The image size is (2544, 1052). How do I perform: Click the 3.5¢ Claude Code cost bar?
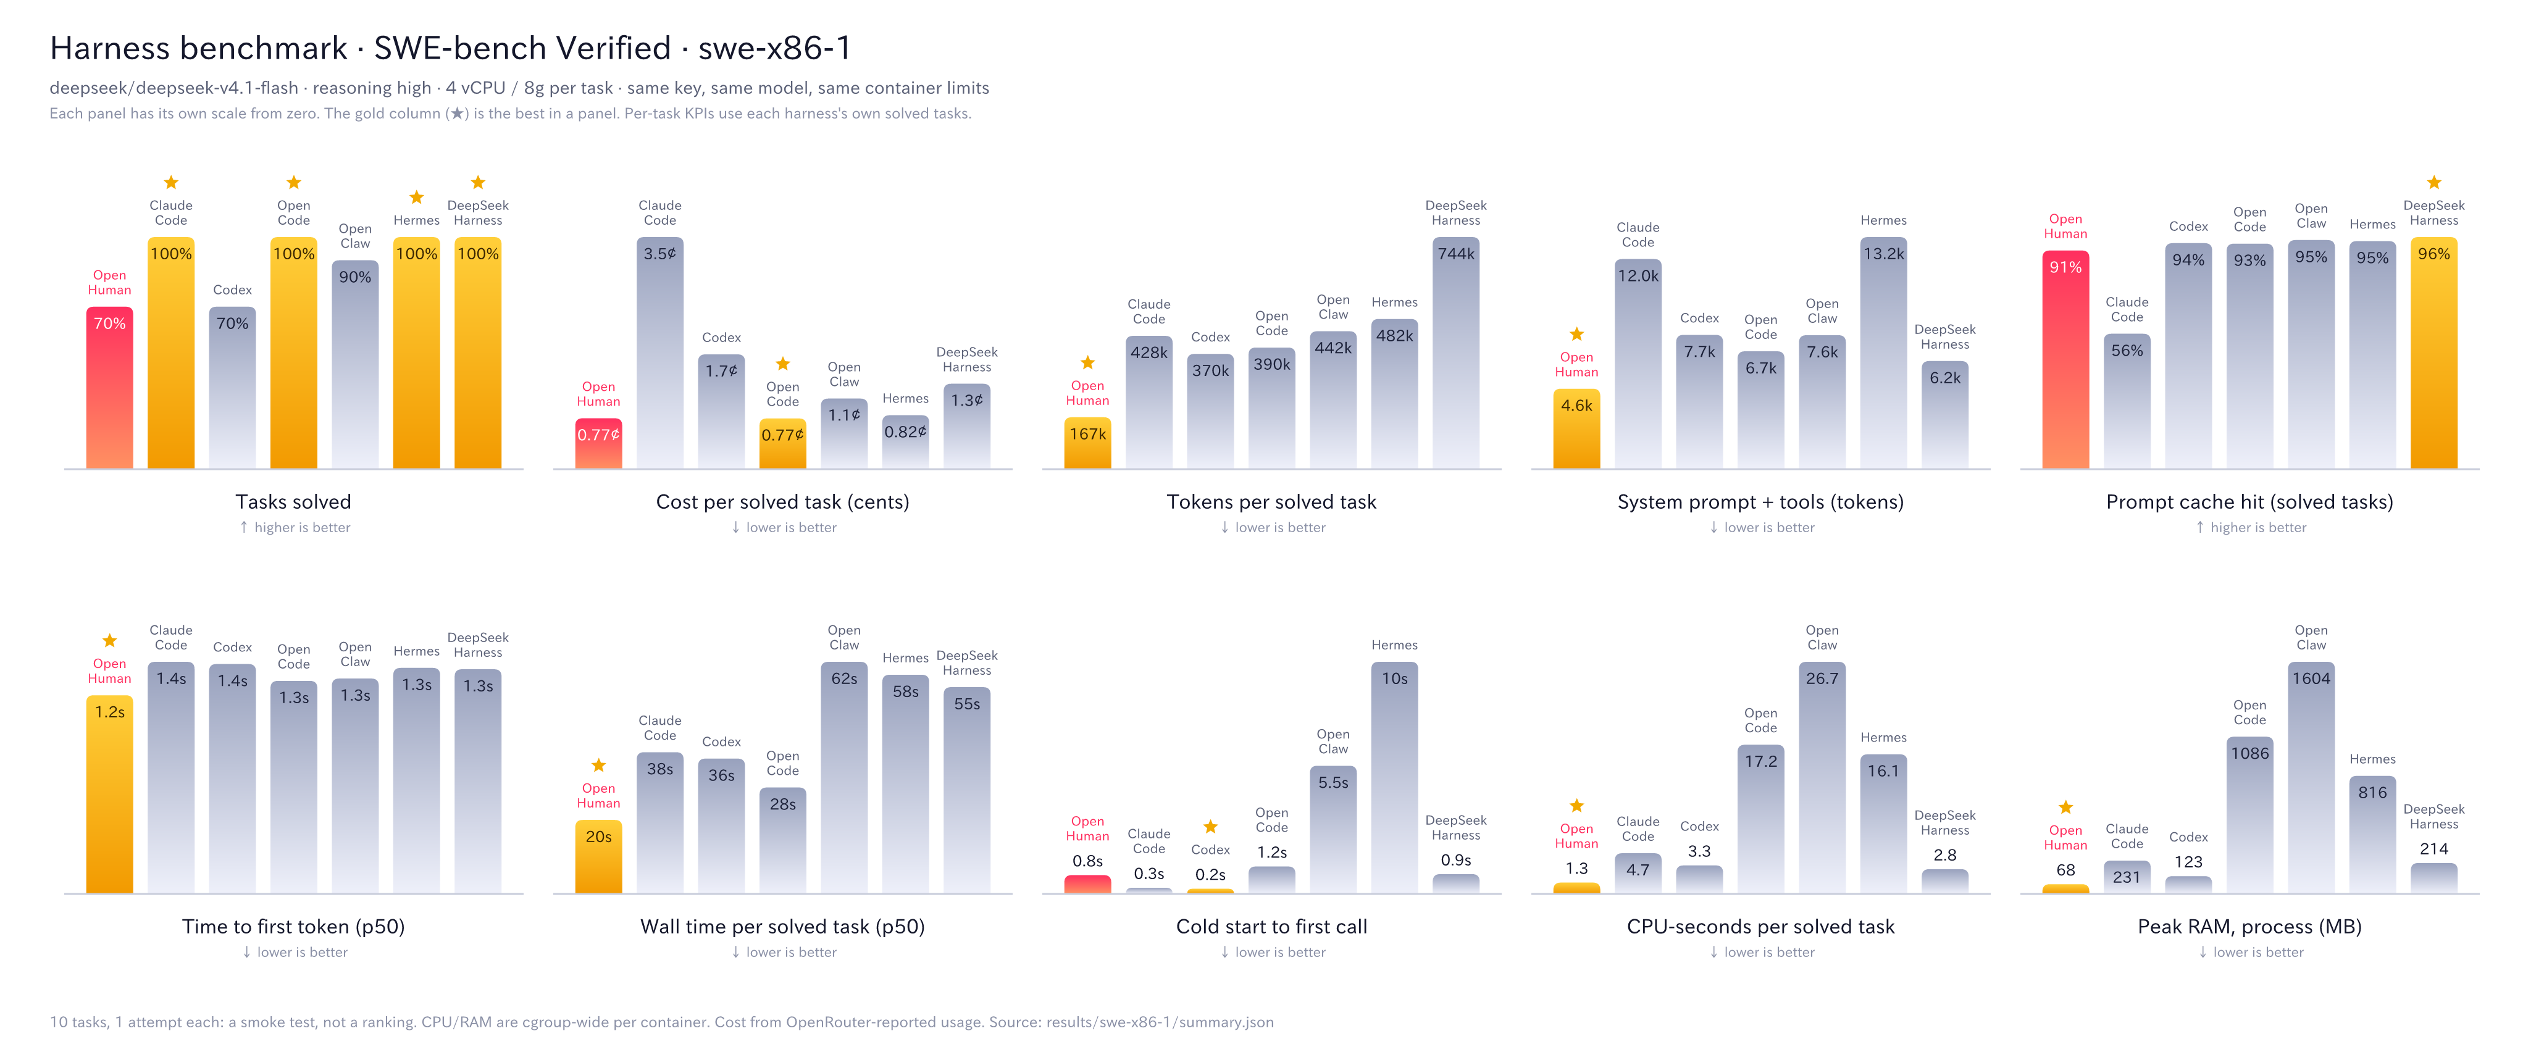[x=659, y=352]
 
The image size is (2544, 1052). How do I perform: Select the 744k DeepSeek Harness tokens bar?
[x=1455, y=352]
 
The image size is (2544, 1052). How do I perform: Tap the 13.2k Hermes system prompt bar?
[x=1883, y=352]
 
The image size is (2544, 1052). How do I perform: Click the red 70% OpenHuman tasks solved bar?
[x=110, y=387]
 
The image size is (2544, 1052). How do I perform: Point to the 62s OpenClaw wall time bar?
[x=844, y=777]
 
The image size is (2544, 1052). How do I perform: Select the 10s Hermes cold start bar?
[x=1394, y=777]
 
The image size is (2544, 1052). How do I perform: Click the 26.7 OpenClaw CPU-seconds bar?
[x=1822, y=777]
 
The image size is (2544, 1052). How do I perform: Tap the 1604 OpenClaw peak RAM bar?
[x=2311, y=777]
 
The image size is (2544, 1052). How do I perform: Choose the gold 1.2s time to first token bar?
[x=110, y=794]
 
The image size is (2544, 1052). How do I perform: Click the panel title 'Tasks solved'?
[x=293, y=502]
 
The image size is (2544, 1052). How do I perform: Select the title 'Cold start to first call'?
[x=1272, y=927]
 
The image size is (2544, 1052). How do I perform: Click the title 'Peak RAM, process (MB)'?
[x=2249, y=927]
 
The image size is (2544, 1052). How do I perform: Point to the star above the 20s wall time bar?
[x=598, y=766]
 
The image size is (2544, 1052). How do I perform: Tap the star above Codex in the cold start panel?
[x=1211, y=827]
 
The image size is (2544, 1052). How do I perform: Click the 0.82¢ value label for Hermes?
[x=906, y=432]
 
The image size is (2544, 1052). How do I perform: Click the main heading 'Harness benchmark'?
[x=198, y=48]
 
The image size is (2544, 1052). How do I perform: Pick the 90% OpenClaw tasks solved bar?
[x=354, y=364]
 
